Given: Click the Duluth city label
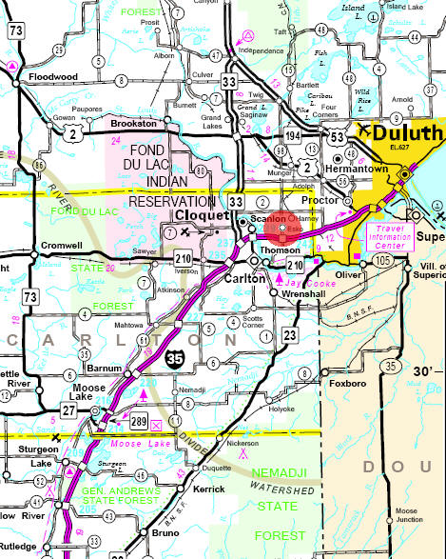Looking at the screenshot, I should (402, 132).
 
